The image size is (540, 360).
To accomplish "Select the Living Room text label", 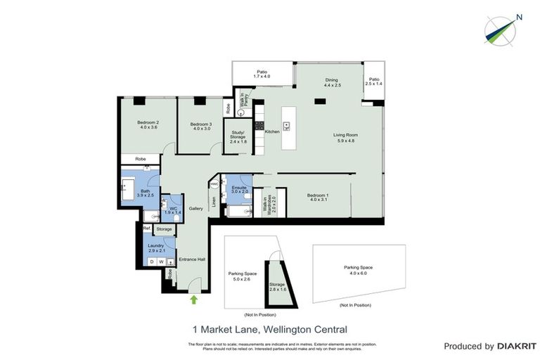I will point(346,138).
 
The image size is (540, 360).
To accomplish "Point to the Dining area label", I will point(332,82).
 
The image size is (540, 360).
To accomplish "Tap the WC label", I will point(173,210).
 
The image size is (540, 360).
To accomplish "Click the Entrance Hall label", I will point(191,259).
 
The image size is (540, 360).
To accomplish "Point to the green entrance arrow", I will point(194,300).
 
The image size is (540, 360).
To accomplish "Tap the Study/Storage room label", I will point(238,139).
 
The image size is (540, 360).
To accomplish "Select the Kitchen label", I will point(272,131).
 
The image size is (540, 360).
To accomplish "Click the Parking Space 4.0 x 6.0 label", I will point(357,271).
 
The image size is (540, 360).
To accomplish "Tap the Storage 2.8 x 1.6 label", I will point(277,287).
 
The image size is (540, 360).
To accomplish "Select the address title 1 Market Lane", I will point(270,328).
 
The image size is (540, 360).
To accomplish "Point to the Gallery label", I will point(196,209).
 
